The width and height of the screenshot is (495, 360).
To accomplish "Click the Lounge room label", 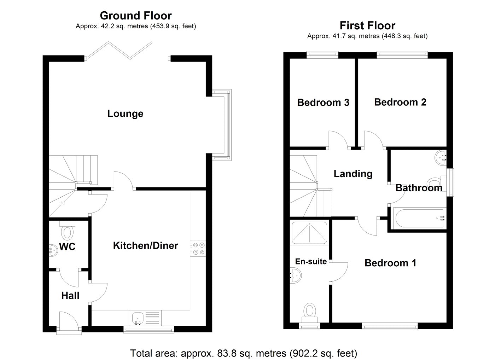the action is click(125, 114).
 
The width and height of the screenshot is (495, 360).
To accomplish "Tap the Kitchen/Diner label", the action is click(145, 245).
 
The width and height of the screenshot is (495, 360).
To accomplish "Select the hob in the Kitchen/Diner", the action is click(198, 249).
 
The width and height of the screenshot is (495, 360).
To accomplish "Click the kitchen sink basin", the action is click(138, 319).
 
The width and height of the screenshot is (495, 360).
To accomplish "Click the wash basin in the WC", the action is click(53, 250).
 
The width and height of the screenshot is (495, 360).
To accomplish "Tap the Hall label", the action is click(70, 296).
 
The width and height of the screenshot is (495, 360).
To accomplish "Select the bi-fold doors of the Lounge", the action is click(120, 50).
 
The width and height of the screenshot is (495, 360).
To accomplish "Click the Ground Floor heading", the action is click(136, 16).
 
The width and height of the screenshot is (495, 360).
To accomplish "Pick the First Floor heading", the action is click(367, 25).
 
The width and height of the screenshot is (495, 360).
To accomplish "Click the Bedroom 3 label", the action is click(323, 103).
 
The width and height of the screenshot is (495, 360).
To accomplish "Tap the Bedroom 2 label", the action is click(400, 102).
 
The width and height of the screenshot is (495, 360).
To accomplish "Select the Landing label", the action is click(353, 174).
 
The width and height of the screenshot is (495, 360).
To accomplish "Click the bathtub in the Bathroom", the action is click(418, 218).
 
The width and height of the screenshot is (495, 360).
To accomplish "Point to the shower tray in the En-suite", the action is click(309, 232).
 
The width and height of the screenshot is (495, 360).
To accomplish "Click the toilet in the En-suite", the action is click(310, 313).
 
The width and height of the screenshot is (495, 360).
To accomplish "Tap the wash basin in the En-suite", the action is click(295, 275).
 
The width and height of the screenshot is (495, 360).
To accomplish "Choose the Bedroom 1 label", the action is click(390, 263).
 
